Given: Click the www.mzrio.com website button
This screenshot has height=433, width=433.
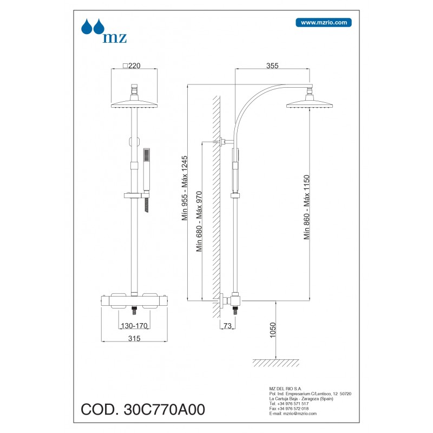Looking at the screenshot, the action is click(x=323, y=23).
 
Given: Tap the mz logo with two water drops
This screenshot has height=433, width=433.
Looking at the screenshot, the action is click(x=104, y=31).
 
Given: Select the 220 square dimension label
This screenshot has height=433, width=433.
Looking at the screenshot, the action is click(x=132, y=65).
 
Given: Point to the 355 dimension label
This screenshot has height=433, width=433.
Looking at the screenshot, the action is click(x=272, y=65).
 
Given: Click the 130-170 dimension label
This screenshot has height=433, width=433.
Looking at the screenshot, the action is click(x=134, y=326).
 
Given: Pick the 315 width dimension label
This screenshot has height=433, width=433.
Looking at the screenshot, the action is click(x=134, y=338).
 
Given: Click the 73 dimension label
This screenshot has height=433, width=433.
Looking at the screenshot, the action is click(x=227, y=326).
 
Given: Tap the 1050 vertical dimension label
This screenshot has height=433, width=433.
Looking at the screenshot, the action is click(x=273, y=330).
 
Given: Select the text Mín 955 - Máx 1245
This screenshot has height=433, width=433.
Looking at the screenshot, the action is click(x=185, y=188).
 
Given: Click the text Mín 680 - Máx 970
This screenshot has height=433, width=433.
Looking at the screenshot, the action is click(x=199, y=221).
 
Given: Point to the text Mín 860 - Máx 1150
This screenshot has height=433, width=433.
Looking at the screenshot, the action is click(x=306, y=207).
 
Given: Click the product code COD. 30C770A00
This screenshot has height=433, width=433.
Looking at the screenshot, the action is click(x=143, y=409).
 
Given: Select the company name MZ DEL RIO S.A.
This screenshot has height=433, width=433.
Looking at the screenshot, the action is click(x=285, y=389).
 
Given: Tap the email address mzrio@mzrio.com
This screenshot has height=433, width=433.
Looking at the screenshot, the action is click(x=300, y=414).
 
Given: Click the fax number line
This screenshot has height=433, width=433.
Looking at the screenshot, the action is click(x=289, y=409).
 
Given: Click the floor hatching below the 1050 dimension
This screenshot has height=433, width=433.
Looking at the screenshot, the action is click(x=276, y=363).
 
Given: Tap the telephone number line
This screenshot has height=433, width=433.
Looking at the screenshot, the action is click(x=289, y=404).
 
